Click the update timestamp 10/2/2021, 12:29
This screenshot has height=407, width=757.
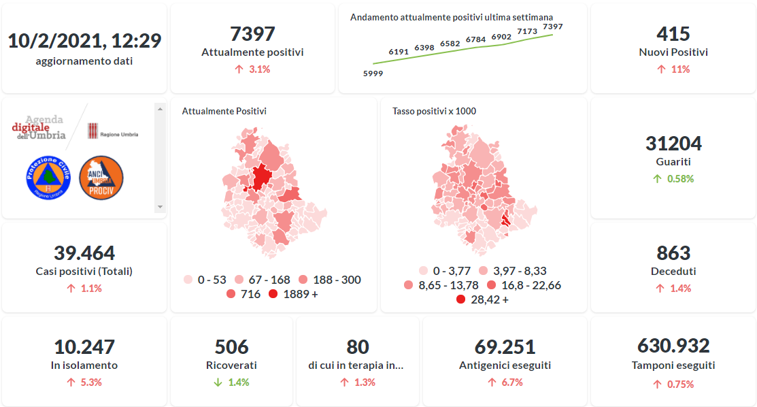point(84,41)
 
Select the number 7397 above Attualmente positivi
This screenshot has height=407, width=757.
point(252,34)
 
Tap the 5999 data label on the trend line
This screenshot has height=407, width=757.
point(373,74)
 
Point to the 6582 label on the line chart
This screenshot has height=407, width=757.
point(450,44)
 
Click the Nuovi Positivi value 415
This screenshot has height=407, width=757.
point(673,34)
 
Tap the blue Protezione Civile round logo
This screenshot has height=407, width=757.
point(48,178)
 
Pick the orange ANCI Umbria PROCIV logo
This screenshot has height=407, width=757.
point(101,178)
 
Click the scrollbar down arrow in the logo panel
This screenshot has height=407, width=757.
point(160,206)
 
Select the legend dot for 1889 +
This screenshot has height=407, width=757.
point(273,294)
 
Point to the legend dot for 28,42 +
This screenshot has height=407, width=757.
point(460,299)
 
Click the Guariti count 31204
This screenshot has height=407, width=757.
point(673,144)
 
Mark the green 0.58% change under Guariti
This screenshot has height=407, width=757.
point(678,179)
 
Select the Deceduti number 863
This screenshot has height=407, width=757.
point(673,253)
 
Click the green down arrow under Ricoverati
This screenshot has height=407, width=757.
point(218,382)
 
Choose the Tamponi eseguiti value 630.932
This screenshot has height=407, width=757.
point(673,346)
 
